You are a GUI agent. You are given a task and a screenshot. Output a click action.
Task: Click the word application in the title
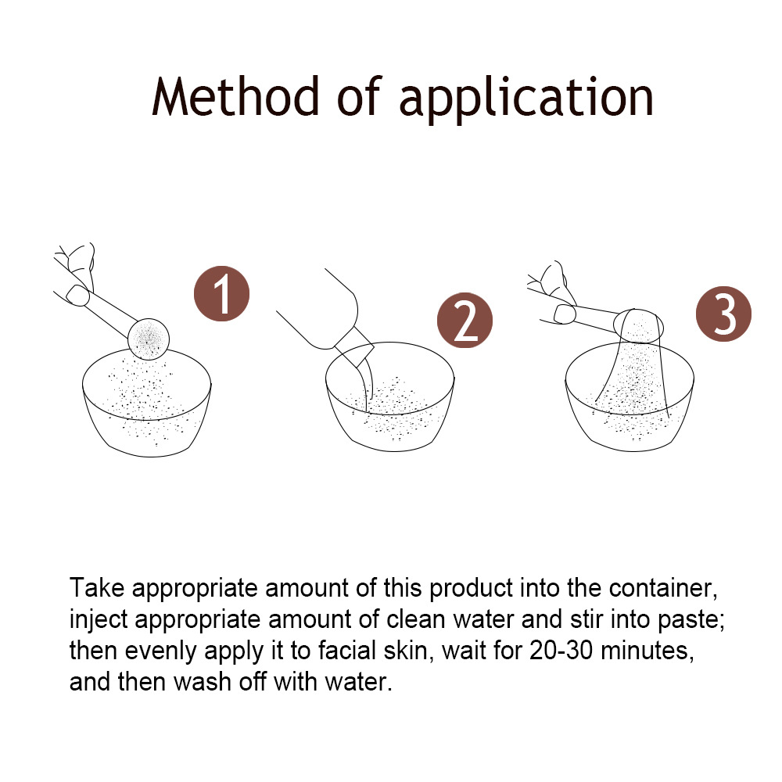[526, 100]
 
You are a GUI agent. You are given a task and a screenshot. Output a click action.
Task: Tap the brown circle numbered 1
[221, 294]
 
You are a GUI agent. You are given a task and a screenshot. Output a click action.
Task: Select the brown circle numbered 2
[465, 320]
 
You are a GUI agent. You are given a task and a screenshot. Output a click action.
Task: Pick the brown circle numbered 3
[723, 314]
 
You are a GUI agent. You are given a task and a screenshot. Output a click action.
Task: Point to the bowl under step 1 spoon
[147, 403]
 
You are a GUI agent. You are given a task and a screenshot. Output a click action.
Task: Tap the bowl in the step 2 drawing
[390, 397]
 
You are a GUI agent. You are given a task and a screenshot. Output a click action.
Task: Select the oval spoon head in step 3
[638, 325]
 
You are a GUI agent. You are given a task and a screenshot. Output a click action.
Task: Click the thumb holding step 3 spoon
[565, 314]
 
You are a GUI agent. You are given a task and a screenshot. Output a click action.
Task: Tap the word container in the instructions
[663, 589]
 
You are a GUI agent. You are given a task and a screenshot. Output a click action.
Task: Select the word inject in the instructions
[99, 621]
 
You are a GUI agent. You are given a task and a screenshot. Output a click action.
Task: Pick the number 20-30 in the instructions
[561, 651]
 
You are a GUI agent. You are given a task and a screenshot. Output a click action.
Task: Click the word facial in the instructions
[347, 651]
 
